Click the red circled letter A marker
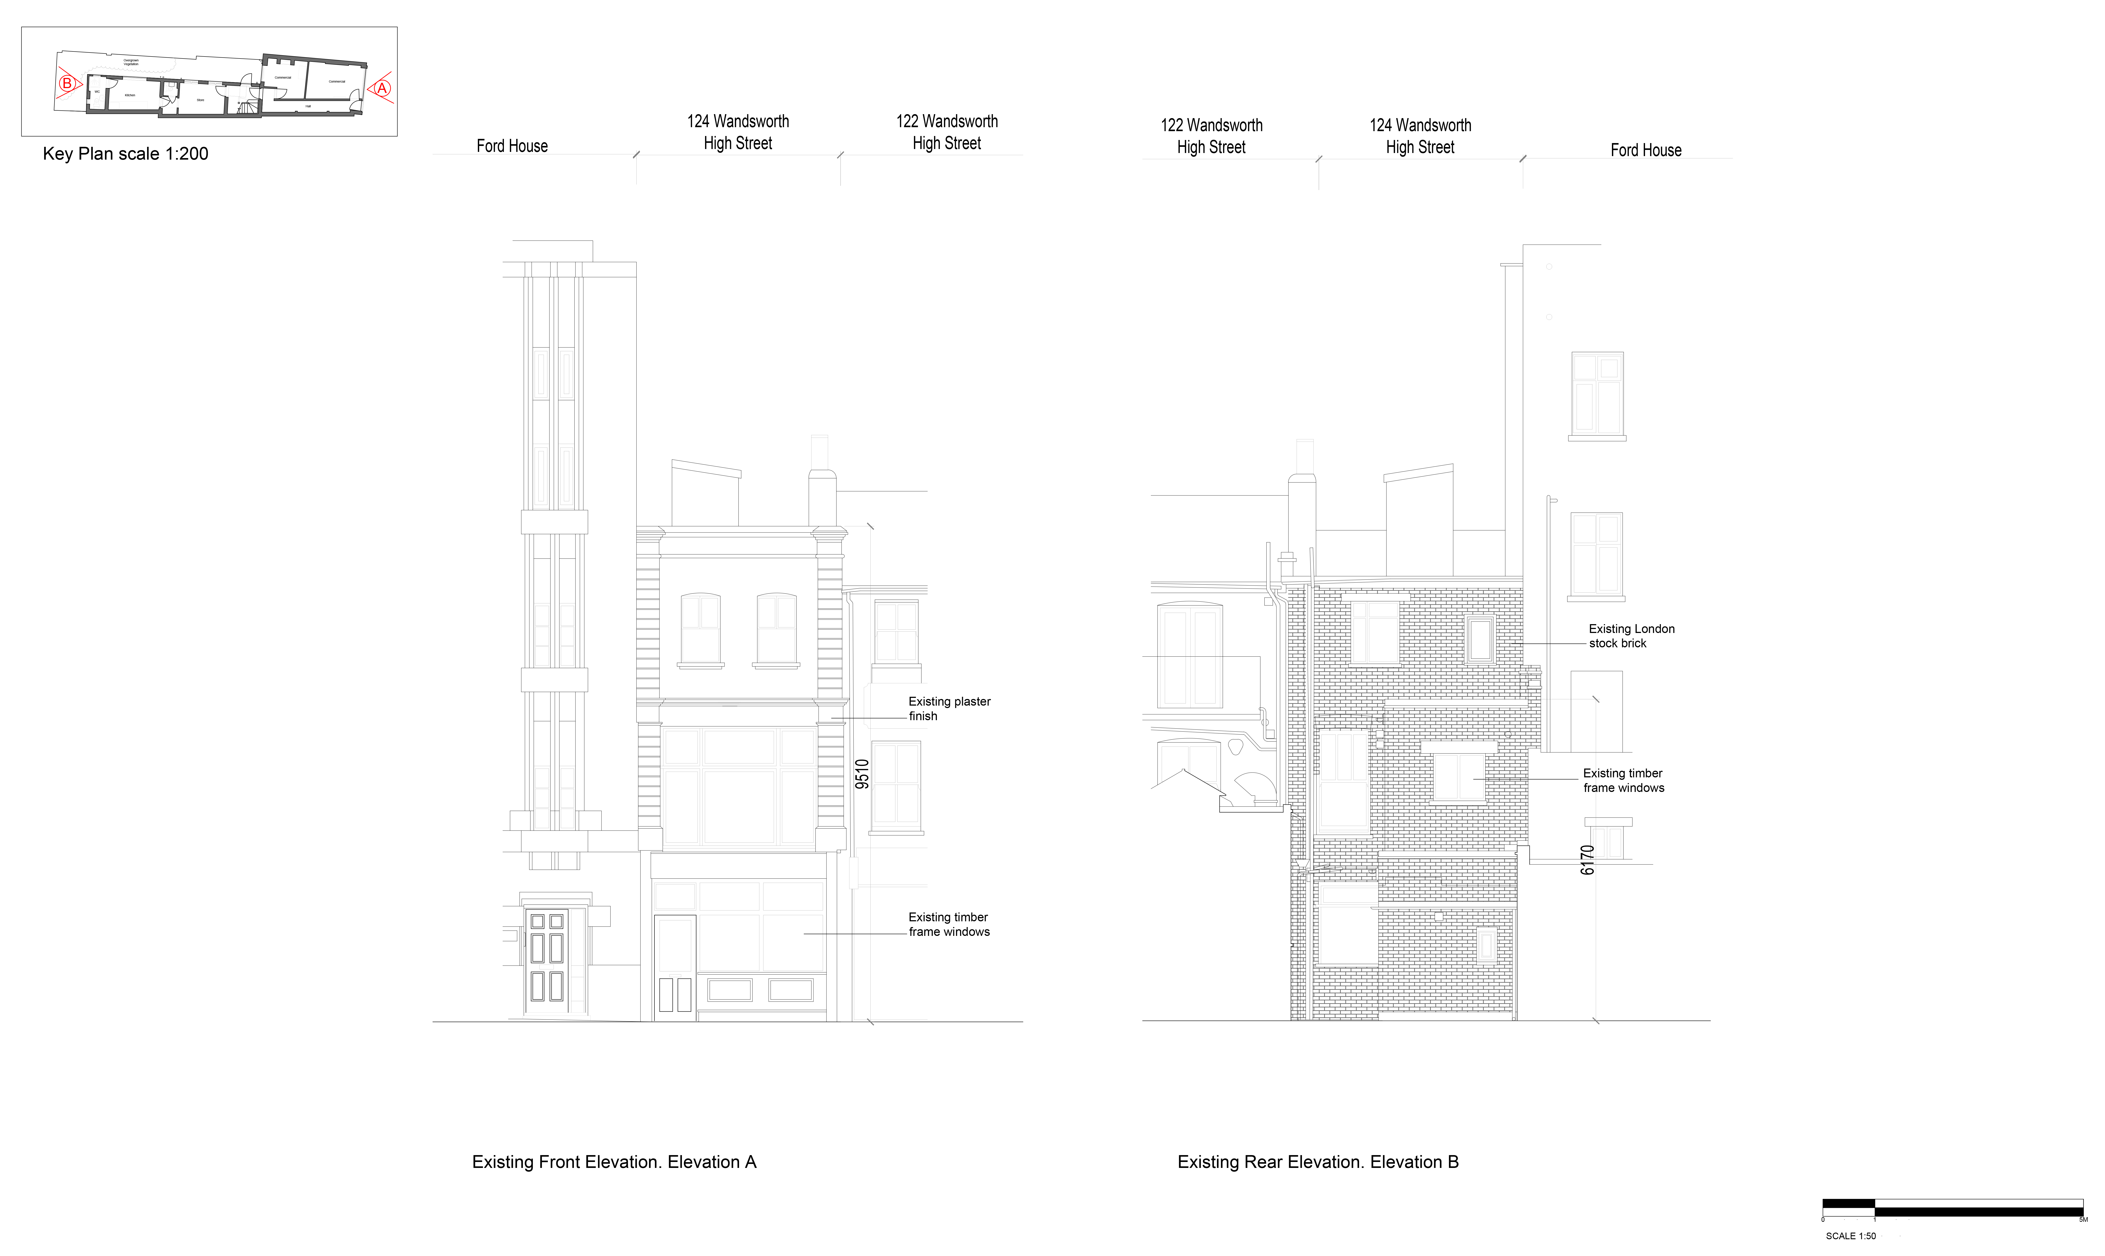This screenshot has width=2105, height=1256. click(382, 88)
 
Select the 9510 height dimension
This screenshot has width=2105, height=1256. click(862, 774)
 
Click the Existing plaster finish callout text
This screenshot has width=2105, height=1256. click(949, 708)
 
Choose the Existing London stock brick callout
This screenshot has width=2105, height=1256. click(1631, 636)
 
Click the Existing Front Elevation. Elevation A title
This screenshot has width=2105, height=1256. click(614, 1162)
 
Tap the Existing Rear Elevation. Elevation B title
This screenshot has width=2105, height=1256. click(1318, 1162)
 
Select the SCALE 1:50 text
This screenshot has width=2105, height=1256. click(1850, 1236)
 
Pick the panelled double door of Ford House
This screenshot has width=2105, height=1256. click(547, 961)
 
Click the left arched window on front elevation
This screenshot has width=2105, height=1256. click(701, 629)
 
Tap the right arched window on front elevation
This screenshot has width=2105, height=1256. click(777, 629)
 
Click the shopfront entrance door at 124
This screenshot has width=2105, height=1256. click(675, 965)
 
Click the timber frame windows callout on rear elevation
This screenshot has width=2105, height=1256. click(1623, 780)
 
